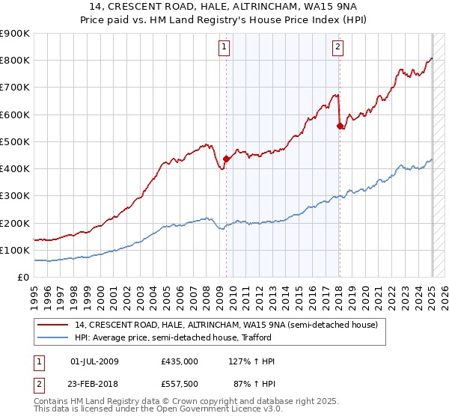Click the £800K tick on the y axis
coord(16,61)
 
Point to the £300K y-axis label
coord(16,196)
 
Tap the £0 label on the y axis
coord(24,278)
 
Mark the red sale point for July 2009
coord(226,159)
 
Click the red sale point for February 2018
coord(340,126)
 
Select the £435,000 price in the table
coord(180,361)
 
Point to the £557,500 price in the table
coord(180,384)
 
